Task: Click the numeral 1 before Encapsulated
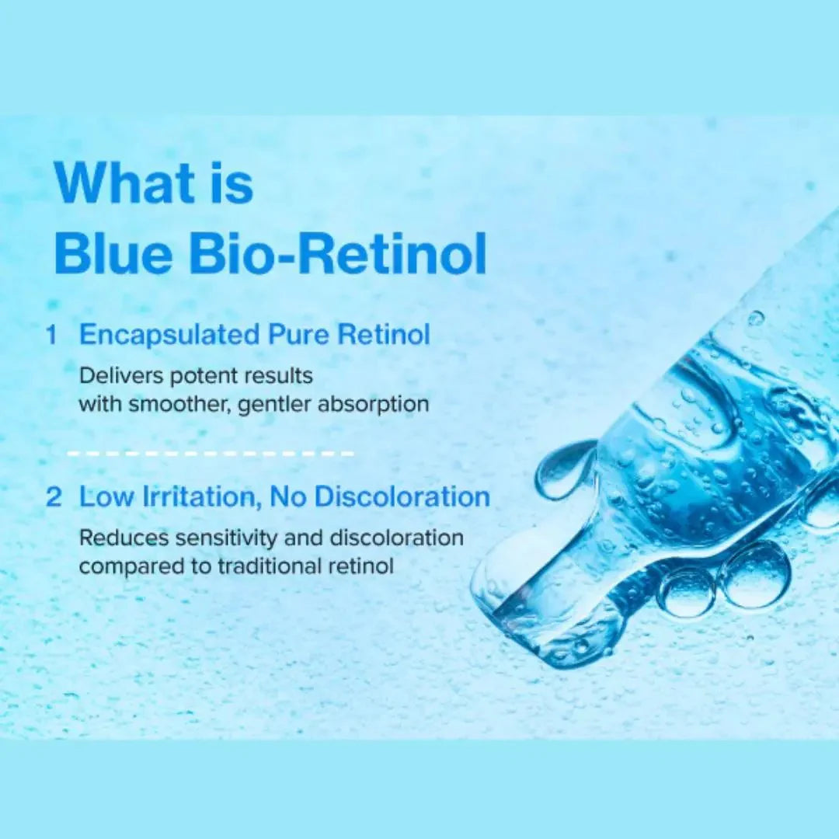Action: pos(52,336)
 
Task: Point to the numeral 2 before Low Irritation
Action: pos(54,497)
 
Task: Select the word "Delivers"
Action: pos(121,376)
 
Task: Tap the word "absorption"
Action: pos(374,405)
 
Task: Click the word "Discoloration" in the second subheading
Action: pos(402,497)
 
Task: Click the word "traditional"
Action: pos(270,566)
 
